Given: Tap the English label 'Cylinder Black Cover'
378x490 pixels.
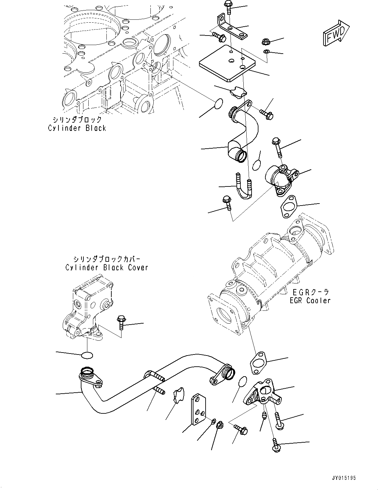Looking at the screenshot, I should point(107,267).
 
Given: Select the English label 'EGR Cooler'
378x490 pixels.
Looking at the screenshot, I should point(310,300).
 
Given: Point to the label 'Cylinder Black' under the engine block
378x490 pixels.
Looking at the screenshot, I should point(77,128).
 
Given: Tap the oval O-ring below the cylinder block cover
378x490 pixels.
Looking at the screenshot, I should point(87,355).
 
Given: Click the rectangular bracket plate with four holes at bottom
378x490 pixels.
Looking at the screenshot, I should point(198,410).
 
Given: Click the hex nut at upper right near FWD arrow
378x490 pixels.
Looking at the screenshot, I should point(266,41).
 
